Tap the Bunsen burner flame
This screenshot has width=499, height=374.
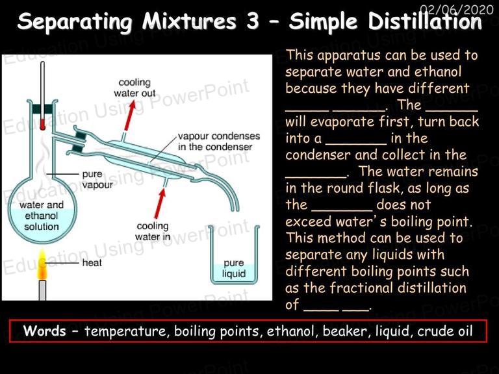(42, 265)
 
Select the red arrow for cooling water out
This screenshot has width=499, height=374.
(130, 116)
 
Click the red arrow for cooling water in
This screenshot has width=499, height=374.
(160, 203)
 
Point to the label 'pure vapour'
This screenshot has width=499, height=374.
(97, 179)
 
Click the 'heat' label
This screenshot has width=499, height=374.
(92, 263)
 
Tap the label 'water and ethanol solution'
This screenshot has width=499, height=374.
(42, 216)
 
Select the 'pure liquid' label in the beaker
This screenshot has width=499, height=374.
(234, 268)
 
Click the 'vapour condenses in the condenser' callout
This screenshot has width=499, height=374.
(219, 141)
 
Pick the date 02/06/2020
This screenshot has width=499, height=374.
(456, 10)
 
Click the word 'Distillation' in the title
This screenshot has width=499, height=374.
(425, 21)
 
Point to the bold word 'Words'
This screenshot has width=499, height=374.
(45, 330)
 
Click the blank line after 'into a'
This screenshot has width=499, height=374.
(356, 144)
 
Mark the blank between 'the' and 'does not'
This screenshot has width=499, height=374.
(342, 210)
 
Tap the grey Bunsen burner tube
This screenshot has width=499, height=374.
(42, 290)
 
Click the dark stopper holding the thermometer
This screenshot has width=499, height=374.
(43, 109)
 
